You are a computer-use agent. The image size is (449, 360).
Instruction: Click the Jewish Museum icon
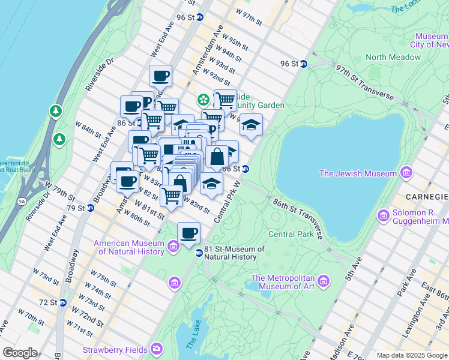click(406, 173)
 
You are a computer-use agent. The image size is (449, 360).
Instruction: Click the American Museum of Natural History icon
click(173, 247)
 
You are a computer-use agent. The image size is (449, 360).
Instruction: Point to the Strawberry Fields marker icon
click(157, 348)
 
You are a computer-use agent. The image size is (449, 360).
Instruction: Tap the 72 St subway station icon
click(62, 302)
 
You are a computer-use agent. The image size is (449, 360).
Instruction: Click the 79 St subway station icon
click(91, 208)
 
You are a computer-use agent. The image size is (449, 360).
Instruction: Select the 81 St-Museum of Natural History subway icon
click(199, 253)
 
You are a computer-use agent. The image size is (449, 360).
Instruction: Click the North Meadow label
click(393, 57)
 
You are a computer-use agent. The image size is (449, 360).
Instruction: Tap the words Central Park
click(291, 234)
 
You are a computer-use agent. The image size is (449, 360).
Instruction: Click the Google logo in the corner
click(20, 352)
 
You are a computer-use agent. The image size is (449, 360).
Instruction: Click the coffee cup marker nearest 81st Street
click(188, 232)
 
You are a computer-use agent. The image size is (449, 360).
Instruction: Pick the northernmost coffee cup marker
click(160, 76)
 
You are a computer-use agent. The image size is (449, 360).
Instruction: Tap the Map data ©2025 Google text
click(412, 355)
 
